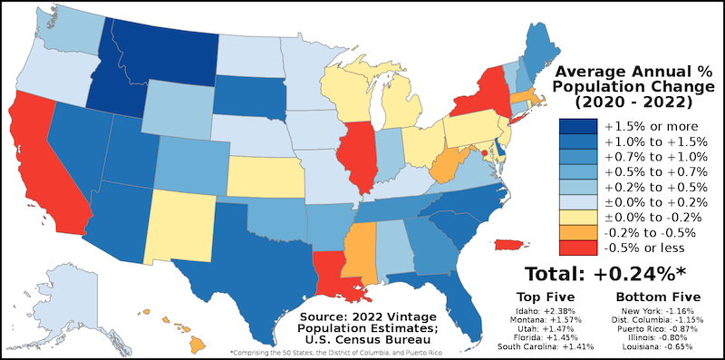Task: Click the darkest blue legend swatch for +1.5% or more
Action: [577, 125]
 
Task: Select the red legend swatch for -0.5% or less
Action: [577, 247]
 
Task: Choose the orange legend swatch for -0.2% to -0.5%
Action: [577, 231]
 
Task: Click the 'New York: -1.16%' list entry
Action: [651, 311]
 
